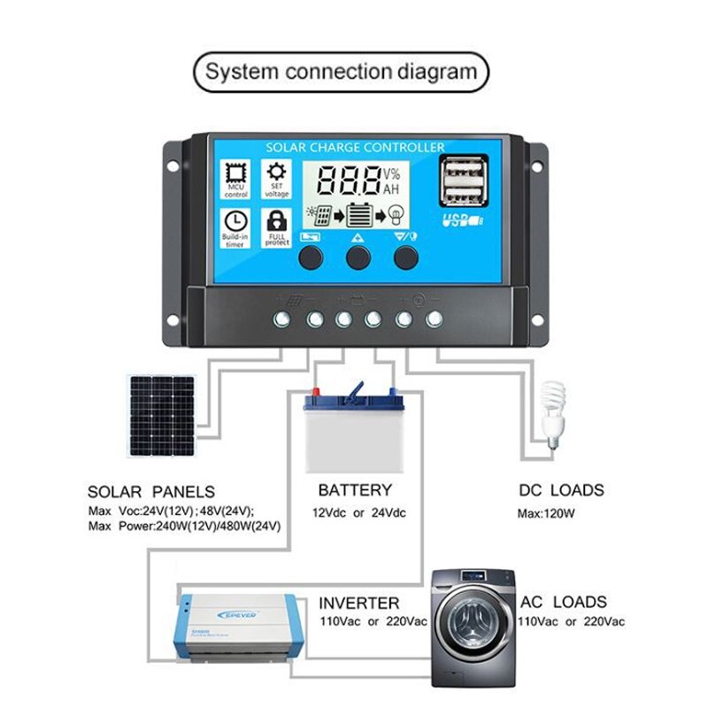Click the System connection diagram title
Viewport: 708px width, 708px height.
click(341, 72)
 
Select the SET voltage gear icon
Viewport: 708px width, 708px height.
click(277, 172)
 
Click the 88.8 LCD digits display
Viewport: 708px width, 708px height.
click(348, 181)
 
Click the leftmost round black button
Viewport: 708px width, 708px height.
click(311, 258)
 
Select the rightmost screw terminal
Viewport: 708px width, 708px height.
click(434, 319)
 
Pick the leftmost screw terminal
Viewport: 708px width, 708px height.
click(282, 319)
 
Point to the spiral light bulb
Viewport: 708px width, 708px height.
click(553, 416)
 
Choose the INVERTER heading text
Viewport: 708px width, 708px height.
click(359, 603)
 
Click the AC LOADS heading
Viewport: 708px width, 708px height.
click(564, 602)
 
